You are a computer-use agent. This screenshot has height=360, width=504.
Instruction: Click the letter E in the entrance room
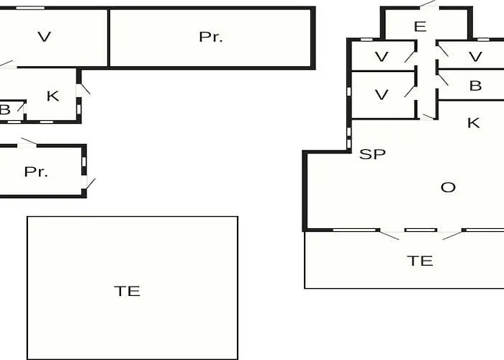(x=420, y=27)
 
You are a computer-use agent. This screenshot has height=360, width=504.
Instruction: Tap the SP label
(x=372, y=154)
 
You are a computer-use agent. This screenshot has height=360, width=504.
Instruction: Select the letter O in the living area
(x=448, y=187)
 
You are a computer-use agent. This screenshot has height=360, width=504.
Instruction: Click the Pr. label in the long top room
(x=210, y=37)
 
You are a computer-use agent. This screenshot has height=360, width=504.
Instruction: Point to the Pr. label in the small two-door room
(x=36, y=172)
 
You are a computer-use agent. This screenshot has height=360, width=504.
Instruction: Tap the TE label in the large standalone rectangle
(x=127, y=291)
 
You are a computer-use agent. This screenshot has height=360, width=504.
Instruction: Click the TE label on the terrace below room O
(x=420, y=261)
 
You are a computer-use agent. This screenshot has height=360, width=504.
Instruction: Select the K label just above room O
(x=474, y=123)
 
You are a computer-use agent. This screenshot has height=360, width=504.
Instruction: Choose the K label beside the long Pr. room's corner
(x=53, y=96)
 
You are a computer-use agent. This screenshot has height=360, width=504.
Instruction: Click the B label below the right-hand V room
(x=475, y=86)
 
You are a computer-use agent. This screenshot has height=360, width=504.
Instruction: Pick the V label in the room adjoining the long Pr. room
(x=45, y=37)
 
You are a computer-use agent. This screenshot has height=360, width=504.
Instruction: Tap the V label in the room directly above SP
(x=382, y=95)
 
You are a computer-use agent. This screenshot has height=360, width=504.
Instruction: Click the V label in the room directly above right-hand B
(x=475, y=57)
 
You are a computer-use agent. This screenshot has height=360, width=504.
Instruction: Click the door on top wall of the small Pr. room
(x=27, y=143)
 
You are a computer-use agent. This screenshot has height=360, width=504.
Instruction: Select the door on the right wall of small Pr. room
(x=88, y=183)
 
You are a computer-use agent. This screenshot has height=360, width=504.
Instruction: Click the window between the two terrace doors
(x=420, y=230)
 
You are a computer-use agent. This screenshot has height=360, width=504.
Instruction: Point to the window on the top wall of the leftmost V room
(x=30, y=8)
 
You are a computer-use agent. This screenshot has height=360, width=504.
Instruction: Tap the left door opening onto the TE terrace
(x=390, y=234)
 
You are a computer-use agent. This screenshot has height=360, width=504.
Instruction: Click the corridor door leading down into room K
(x=428, y=117)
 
